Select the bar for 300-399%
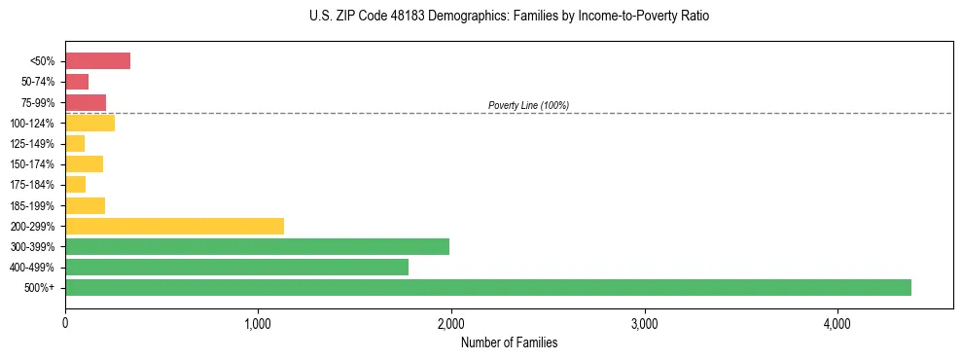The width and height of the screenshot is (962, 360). [257, 246]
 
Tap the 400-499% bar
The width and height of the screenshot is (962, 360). [236, 267]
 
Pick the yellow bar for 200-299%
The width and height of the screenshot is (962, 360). [174, 226]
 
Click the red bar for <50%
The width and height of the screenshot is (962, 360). [97, 61]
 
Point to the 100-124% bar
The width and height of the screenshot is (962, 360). [89, 123]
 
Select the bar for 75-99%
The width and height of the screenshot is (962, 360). [86, 102]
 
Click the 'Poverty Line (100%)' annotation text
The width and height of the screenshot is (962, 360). [528, 105]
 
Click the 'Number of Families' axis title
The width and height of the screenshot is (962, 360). [509, 342]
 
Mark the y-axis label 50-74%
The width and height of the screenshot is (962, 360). [39, 82]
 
